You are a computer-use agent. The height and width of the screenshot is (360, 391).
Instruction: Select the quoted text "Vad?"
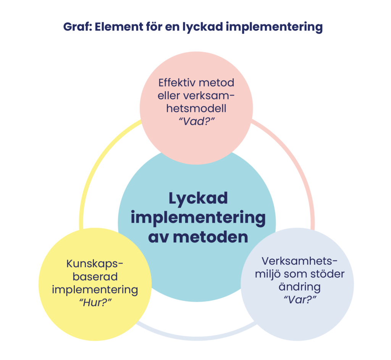(x=196, y=122)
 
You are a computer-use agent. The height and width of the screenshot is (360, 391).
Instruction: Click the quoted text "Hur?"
(x=95, y=302)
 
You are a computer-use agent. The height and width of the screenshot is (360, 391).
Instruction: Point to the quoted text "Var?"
(x=299, y=299)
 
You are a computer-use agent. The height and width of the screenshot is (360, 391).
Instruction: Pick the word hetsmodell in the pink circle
(x=196, y=108)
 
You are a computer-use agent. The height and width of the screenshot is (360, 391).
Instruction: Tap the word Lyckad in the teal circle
(x=198, y=199)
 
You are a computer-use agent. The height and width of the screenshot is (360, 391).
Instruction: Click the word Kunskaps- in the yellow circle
(x=95, y=264)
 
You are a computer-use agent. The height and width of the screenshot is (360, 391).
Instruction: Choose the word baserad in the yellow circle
(x=95, y=276)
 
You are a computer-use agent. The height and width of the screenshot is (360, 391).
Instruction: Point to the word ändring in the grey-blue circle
(x=299, y=286)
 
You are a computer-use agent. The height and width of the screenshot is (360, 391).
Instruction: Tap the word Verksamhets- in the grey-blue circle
(x=300, y=261)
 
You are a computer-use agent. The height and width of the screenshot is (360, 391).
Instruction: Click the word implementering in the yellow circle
(x=95, y=289)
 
